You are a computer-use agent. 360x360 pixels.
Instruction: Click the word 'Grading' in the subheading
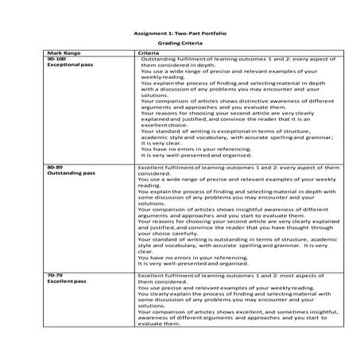pyautogui.click(x=168, y=45)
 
